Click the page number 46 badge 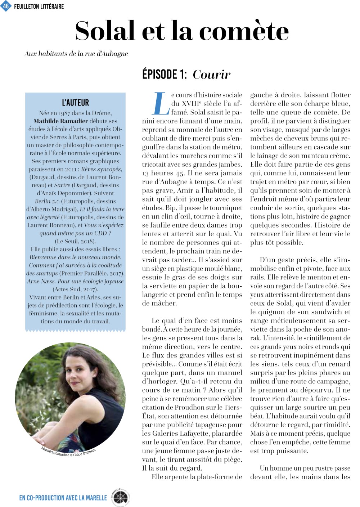pyautogui.click(x=6, y=6)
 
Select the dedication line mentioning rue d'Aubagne pyautogui.click(x=76, y=54)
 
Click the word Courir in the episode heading pyautogui.click(x=211, y=75)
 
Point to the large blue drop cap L pyautogui.click(x=159, y=103)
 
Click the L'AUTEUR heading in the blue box pyautogui.click(x=75, y=103)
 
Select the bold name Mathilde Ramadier pyautogui.click(x=61, y=121)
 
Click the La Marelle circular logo pyautogui.click(x=120, y=497)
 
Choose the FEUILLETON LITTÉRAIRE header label pyautogui.click(x=39, y=6)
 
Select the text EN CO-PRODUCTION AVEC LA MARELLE pyautogui.click(x=63, y=498)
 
